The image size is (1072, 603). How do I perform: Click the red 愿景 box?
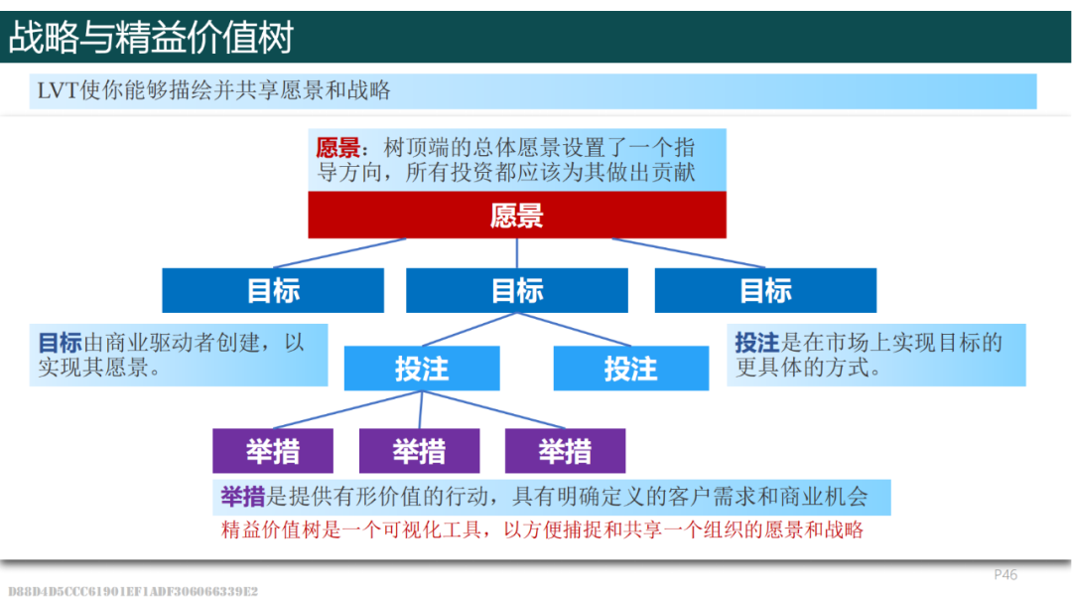point(517,215)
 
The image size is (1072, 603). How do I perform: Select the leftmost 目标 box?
point(273,290)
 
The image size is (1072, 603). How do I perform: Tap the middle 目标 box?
point(517,290)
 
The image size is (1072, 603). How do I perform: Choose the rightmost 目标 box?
point(765,290)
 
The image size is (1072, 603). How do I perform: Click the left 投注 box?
point(422,369)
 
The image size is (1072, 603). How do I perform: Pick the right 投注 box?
point(630,369)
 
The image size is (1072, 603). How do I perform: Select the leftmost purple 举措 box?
point(273,451)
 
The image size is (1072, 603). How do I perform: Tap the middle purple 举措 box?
point(419,451)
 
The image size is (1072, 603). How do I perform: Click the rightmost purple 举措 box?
point(565,451)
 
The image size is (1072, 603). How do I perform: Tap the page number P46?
point(1005,575)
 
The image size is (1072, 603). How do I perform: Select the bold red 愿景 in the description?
point(337,149)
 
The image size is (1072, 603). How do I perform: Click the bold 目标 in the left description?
point(60,344)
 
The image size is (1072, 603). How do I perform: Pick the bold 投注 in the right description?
point(756,344)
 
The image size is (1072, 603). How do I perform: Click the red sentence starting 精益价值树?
point(542,529)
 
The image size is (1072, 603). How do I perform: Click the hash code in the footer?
point(133,591)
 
